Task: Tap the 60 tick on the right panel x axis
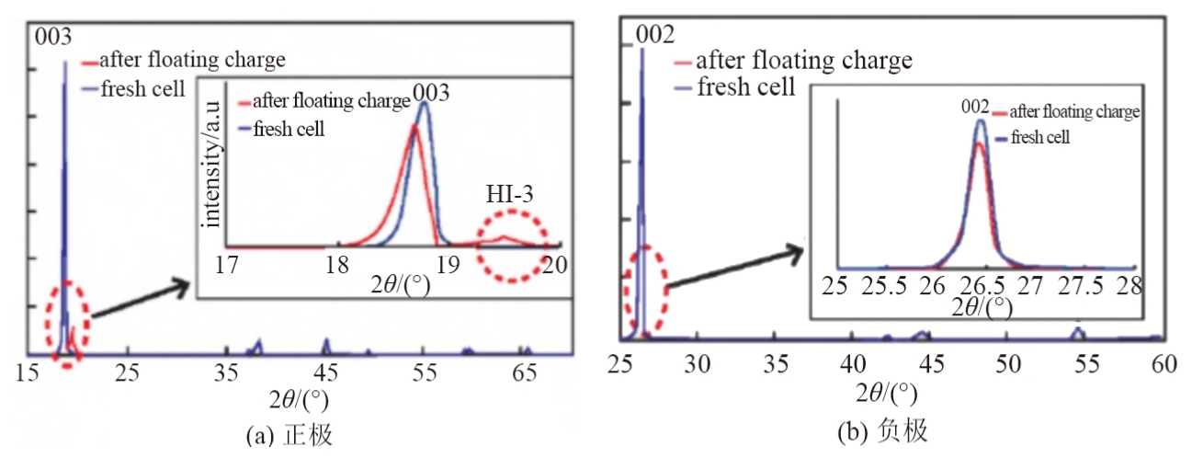[x=1162, y=362]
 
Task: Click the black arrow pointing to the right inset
[x=732, y=267]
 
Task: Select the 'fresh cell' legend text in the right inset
[x=1041, y=137]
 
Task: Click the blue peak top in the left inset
[x=424, y=103]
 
